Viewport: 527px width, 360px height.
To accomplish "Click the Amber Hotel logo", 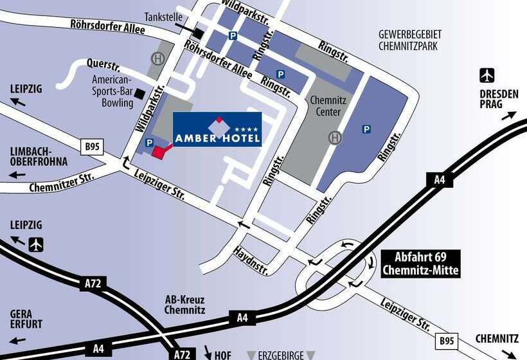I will click(217, 129).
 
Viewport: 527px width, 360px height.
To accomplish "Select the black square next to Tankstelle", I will click(200, 33).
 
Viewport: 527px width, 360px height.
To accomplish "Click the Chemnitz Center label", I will click(328, 106).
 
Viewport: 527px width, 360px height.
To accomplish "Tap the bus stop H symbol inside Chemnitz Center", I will click(334, 137).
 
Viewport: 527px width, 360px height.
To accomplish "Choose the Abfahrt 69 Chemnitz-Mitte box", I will click(420, 263).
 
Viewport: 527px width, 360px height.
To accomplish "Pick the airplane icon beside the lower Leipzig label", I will click(37, 244).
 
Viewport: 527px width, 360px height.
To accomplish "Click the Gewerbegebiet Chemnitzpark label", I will click(410, 40).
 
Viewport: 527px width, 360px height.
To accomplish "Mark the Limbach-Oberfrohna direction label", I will click(39, 156).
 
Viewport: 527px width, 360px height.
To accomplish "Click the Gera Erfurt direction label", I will click(26, 319).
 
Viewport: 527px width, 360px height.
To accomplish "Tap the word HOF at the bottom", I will click(222, 354).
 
